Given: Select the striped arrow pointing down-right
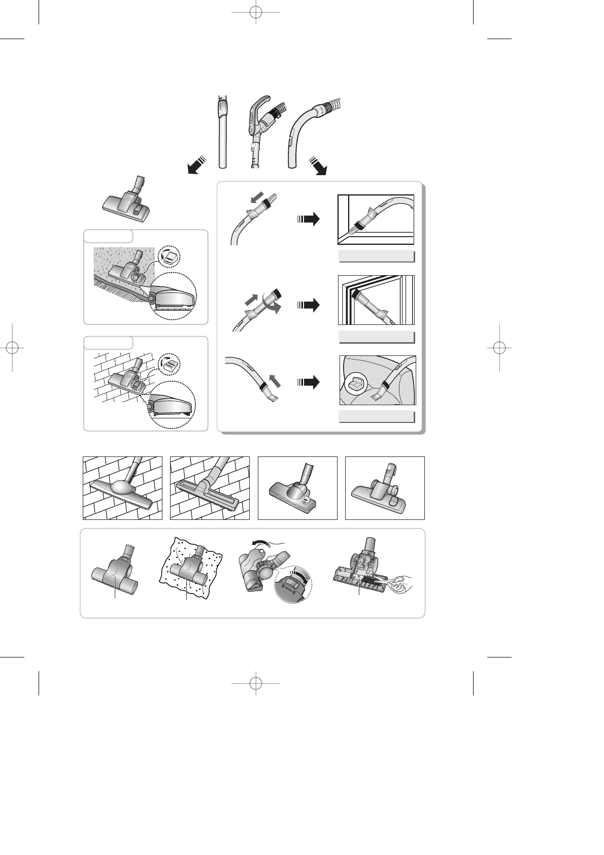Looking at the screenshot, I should pyautogui.click(x=319, y=165).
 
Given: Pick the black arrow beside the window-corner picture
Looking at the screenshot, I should pyautogui.click(x=308, y=219).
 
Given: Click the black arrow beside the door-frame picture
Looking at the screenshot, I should pyautogui.click(x=308, y=305).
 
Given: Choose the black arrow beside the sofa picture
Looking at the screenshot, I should pyautogui.click(x=308, y=382).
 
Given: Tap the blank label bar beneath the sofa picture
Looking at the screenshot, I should pyautogui.click(x=376, y=417).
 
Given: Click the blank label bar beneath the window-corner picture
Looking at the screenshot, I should pyautogui.click(x=376, y=256).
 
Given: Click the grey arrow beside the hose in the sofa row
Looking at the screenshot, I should pyautogui.click(x=274, y=379).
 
